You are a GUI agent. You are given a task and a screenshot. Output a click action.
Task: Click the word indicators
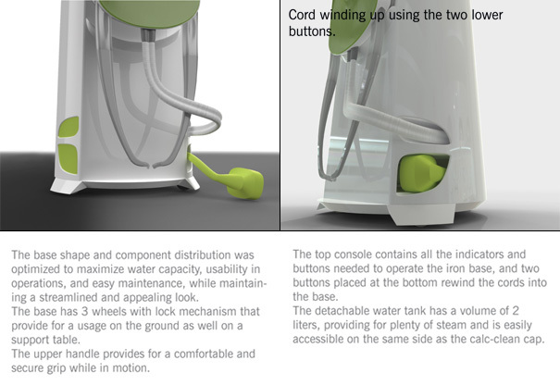coord(468,253)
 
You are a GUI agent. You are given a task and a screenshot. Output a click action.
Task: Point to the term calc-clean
coord(505,342)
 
